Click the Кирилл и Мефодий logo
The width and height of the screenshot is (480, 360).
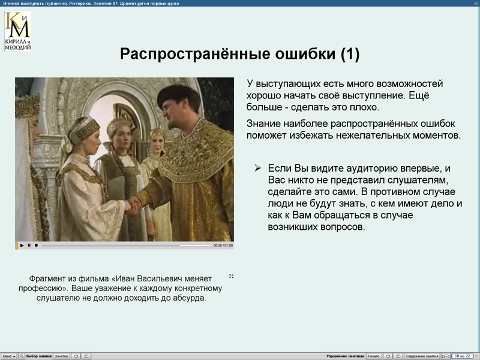pos(17,31)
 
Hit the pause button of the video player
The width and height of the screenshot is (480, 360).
pos(29,245)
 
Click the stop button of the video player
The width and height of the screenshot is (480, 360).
pos(36,245)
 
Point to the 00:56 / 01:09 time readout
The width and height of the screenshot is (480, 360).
pos(223,245)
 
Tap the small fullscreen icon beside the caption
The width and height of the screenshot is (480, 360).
pos(231,277)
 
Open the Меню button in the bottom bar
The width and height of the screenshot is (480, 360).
pos(8,356)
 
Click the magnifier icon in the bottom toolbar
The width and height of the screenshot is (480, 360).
pos(22,356)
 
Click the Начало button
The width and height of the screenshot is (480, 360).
pos(373,356)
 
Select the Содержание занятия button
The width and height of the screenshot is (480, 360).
pos(422,356)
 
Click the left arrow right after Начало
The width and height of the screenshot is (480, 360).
pos(388,356)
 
